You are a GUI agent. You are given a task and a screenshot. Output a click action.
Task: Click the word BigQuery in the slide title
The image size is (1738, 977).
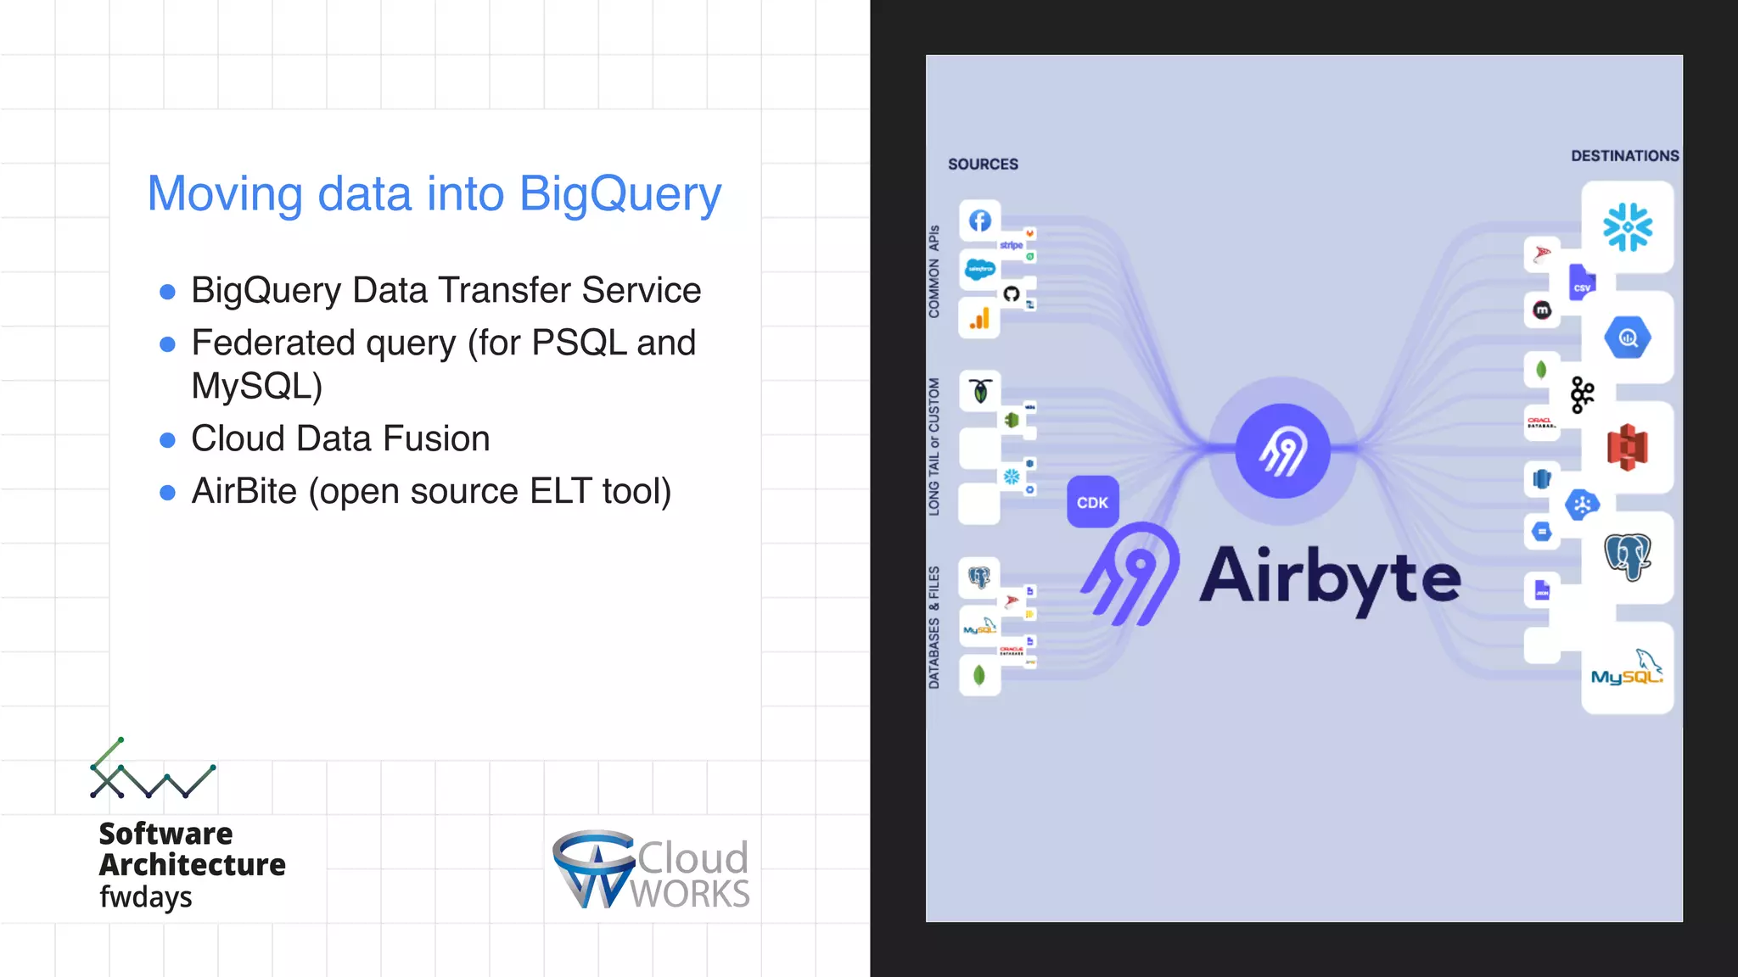tap(620, 194)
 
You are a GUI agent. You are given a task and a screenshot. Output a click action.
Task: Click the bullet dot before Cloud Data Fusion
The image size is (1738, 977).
tap(168, 440)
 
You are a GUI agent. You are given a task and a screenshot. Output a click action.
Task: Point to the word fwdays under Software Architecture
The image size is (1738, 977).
tap(146, 896)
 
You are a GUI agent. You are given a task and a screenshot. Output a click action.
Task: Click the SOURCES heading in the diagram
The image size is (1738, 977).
tap(983, 164)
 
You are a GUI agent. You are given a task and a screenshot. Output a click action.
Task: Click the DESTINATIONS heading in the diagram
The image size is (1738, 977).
tap(1624, 156)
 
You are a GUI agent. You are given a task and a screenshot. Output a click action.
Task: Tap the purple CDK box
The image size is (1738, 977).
tap(1092, 502)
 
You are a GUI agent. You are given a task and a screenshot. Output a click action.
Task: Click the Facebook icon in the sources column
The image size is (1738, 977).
tap(980, 221)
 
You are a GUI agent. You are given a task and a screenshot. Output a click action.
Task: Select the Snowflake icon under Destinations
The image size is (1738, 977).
tap(1627, 226)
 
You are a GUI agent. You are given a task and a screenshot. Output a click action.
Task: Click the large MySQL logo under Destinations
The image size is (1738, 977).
tap(1627, 669)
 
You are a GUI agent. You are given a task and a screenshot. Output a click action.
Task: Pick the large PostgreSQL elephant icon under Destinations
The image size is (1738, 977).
tap(1627, 556)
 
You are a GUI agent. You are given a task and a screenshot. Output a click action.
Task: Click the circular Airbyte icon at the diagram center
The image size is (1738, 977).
tap(1282, 450)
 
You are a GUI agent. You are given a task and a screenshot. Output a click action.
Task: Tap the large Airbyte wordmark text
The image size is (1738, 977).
tap(1330, 578)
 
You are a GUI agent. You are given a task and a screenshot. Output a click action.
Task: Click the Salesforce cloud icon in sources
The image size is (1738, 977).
tap(980, 270)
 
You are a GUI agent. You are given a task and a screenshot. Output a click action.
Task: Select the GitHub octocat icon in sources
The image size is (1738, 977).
tap(1011, 294)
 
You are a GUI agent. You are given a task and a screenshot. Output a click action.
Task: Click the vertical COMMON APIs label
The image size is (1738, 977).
tap(934, 271)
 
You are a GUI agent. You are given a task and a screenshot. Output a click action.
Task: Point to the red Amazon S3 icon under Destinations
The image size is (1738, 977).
tap(1627, 447)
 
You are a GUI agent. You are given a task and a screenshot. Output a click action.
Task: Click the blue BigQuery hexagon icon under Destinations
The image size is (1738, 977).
tap(1627, 338)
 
